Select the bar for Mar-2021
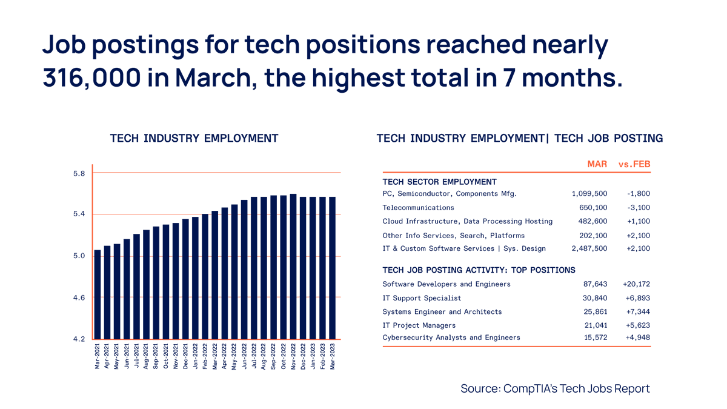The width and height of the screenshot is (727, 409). (x=98, y=294)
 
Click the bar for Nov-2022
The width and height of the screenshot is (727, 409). (x=293, y=267)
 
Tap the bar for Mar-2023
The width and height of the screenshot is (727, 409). (x=333, y=268)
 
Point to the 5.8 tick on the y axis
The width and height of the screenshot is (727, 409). (x=79, y=173)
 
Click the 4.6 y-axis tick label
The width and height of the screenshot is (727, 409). (x=79, y=298)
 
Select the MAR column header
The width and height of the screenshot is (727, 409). (x=597, y=164)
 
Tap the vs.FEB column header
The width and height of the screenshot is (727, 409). (x=634, y=164)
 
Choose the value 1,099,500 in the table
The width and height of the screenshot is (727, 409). (x=589, y=194)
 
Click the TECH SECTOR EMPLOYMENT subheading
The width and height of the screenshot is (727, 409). (x=439, y=182)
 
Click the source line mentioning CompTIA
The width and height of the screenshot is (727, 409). (x=555, y=388)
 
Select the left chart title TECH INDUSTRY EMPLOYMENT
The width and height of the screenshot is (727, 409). (x=194, y=138)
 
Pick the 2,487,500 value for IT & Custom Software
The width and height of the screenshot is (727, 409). (x=589, y=248)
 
